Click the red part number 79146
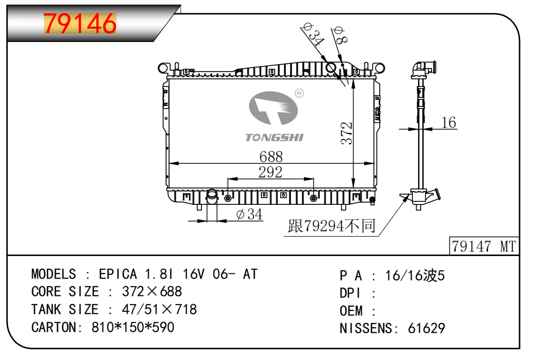point(80,23)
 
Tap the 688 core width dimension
point(271,157)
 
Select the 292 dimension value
point(270,172)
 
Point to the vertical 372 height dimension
point(346,133)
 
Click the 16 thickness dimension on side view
point(449,122)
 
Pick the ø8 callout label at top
point(340,35)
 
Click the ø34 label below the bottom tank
point(250,215)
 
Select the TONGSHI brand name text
point(274,138)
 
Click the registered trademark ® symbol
point(299,93)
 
